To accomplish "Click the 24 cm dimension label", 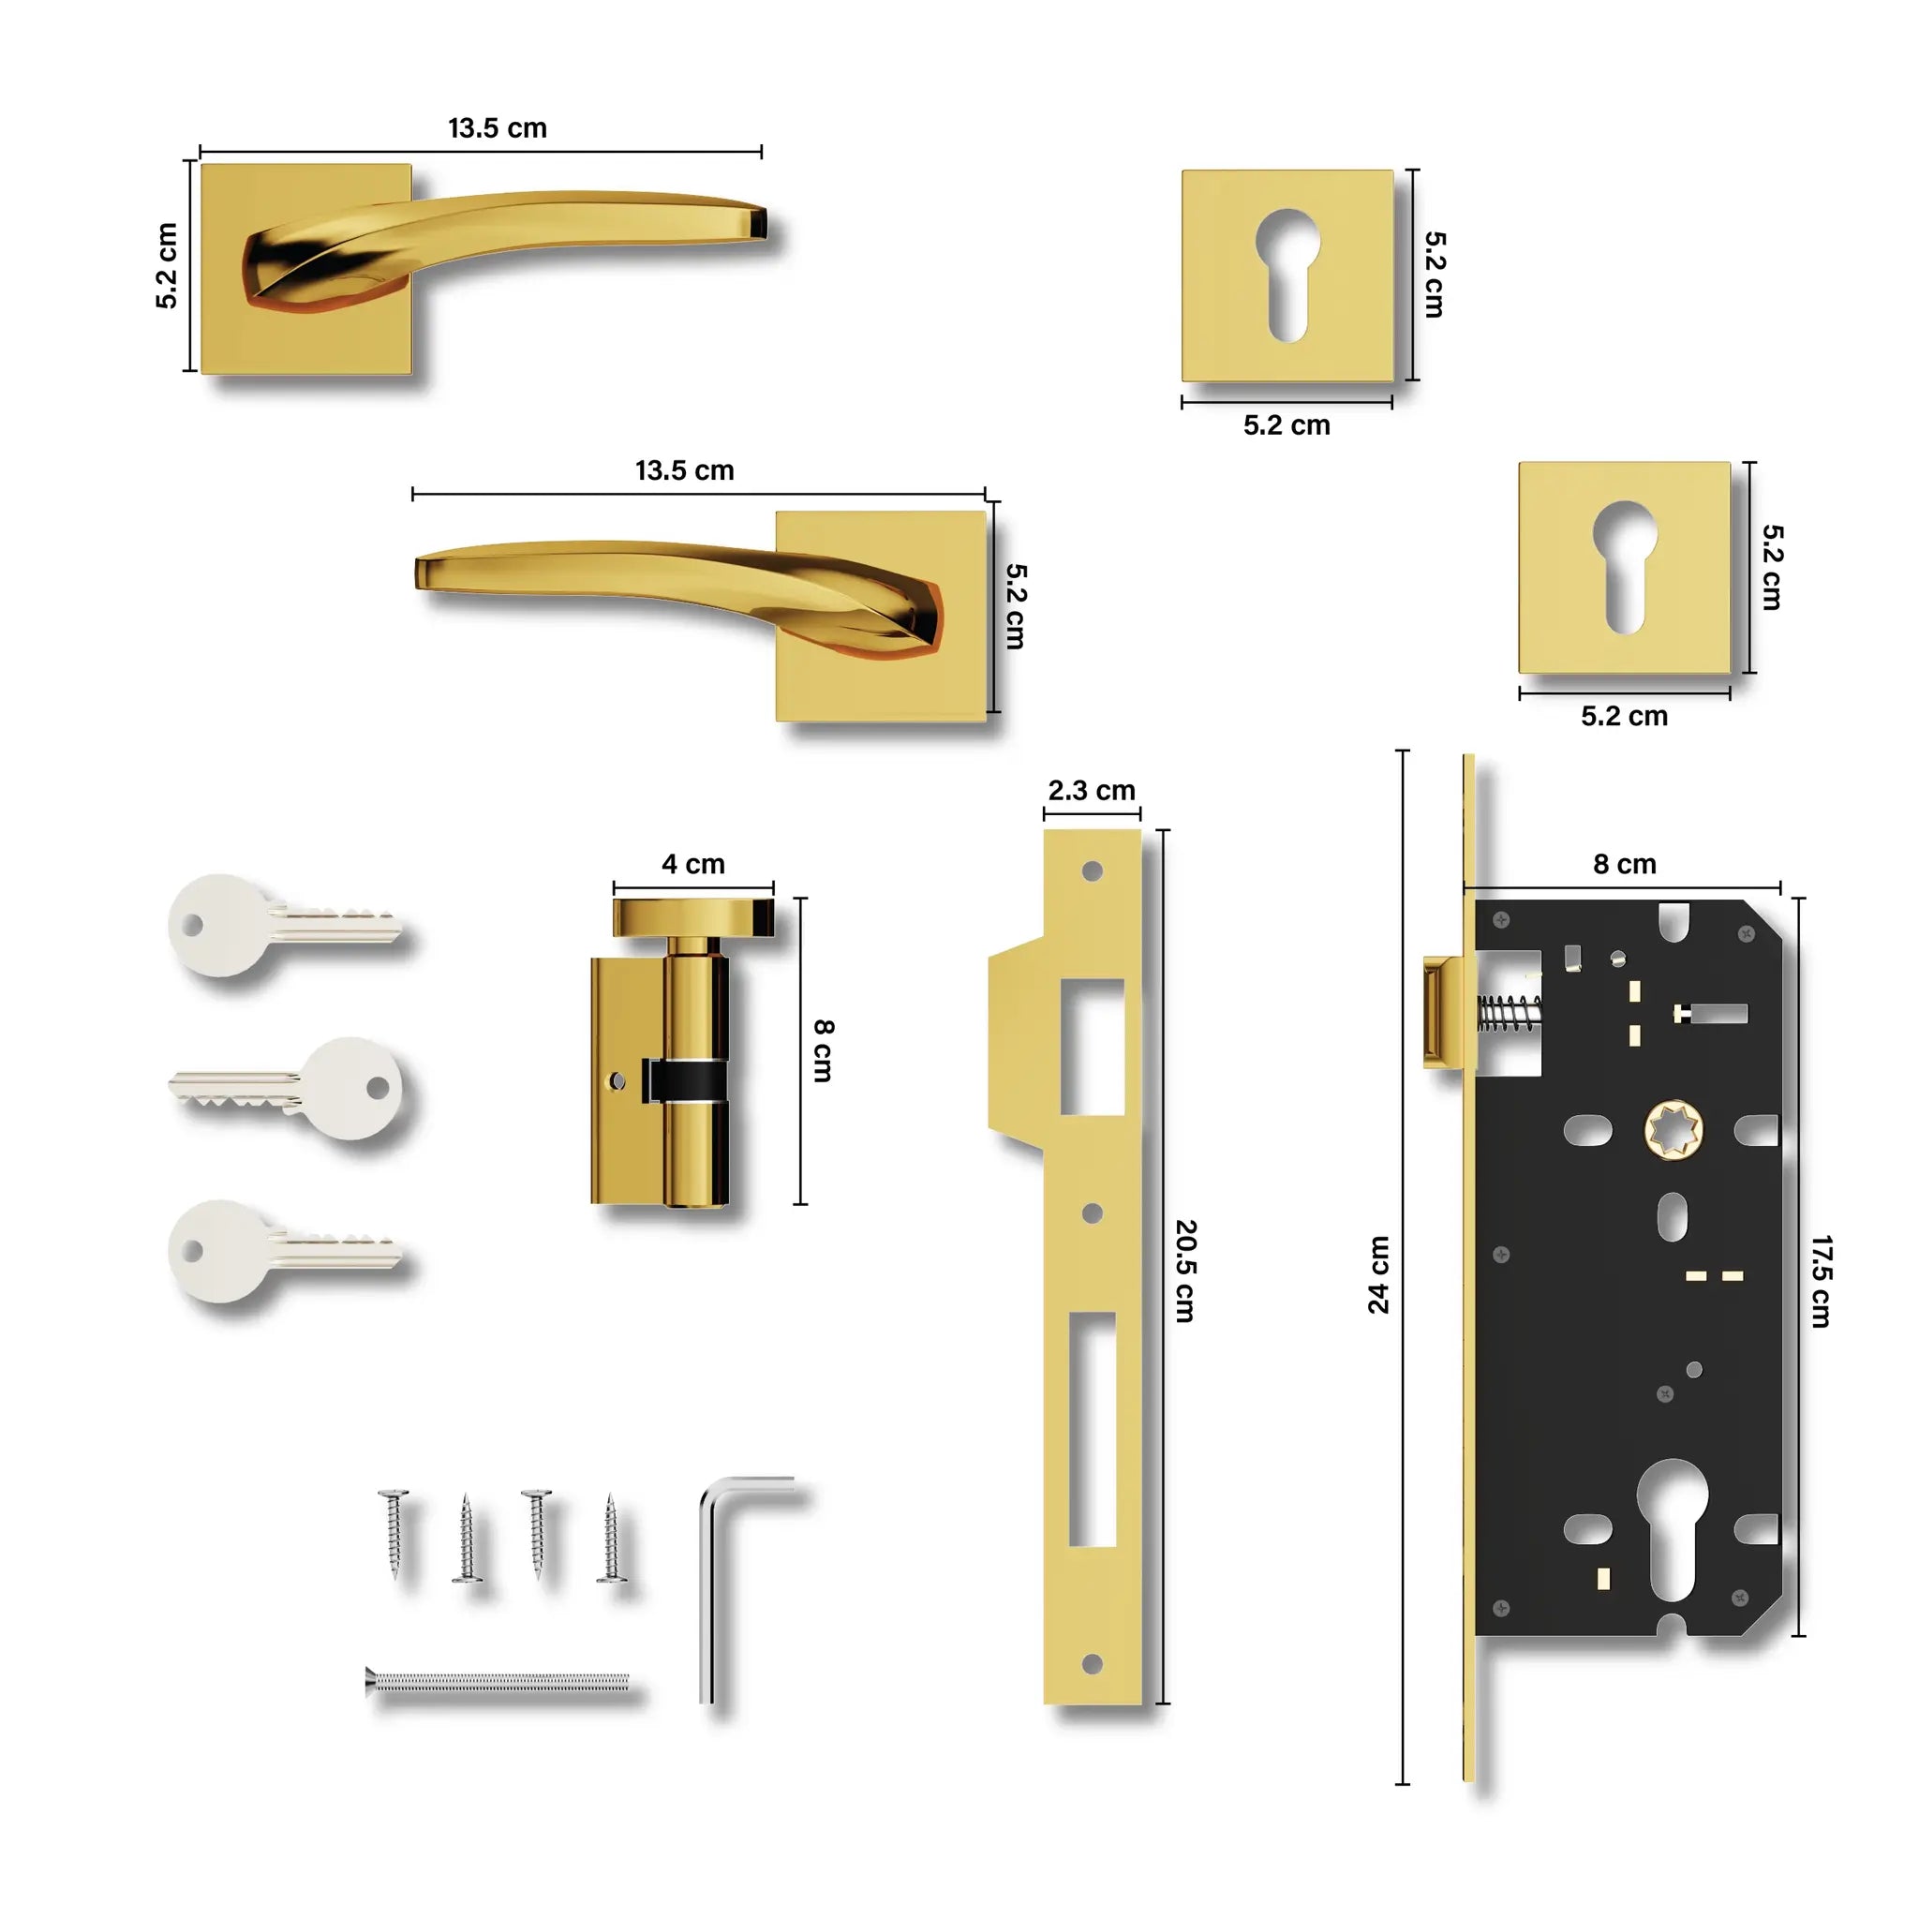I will point(1377,1275).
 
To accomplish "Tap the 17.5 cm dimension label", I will point(1820,1281).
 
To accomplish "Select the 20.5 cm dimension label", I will point(1185,1271).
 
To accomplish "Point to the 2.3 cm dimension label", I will point(1091,791).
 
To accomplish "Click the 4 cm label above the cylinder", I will point(693,864).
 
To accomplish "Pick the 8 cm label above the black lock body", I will point(1624,864).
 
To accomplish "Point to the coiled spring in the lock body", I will point(1508,1013).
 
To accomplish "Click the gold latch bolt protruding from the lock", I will point(1442,1012).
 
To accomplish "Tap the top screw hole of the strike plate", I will point(1092,871).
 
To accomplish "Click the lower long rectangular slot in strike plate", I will point(1092,1430).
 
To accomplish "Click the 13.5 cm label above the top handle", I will point(497,128).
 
